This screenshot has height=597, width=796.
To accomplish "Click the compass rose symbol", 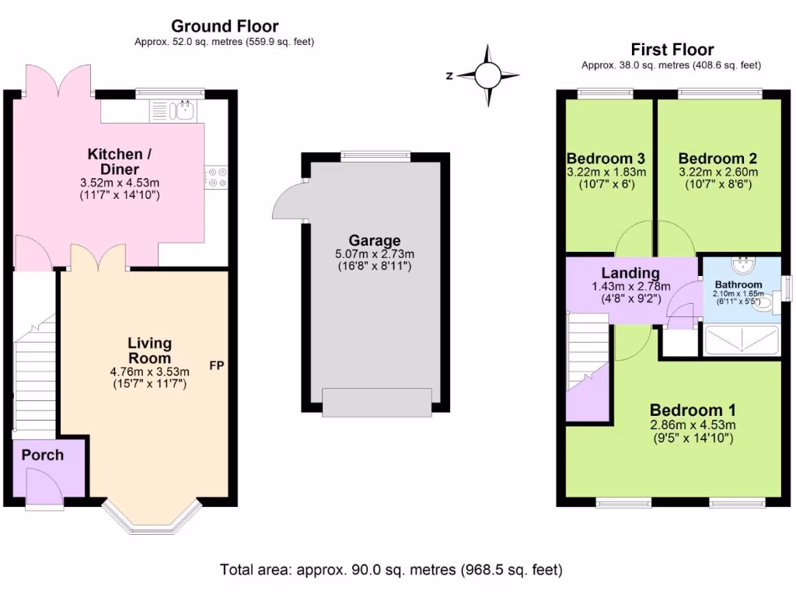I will (487, 75).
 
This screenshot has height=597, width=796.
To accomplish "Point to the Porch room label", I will (42, 455).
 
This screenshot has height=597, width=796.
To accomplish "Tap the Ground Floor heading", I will (224, 27).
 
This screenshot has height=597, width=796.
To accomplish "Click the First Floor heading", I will (672, 51).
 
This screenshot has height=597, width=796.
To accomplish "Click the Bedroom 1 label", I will (693, 410).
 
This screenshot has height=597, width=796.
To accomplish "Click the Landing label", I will (630, 273).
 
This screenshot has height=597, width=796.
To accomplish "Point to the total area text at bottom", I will (391, 570).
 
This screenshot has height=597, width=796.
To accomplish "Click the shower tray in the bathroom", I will (740, 340).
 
